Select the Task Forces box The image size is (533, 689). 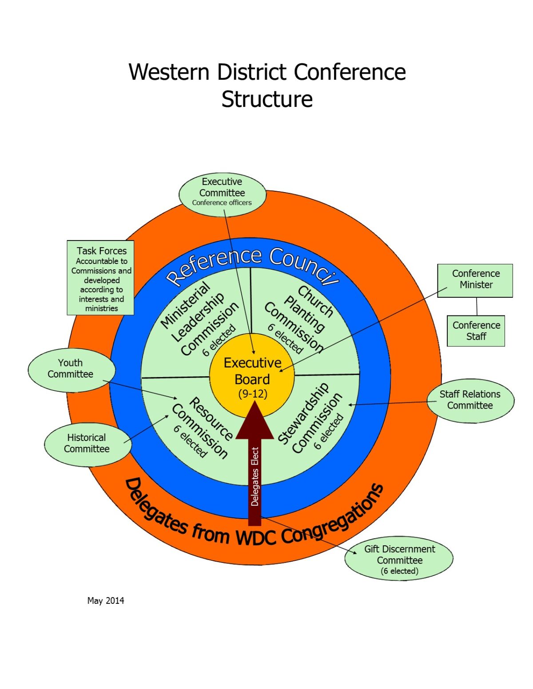tap(101, 278)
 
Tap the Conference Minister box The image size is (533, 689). tap(475, 280)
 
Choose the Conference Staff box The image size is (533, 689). tap(476, 331)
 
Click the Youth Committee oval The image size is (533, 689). tap(71, 370)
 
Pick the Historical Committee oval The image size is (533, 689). tap(87, 444)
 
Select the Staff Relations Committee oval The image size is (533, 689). tap(470, 400)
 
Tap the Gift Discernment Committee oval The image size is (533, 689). tap(399, 559)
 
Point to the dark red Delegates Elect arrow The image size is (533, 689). tap(255, 470)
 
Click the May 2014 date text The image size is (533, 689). tap(106, 601)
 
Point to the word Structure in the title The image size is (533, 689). tap(267, 99)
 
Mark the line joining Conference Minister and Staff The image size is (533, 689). tap(477, 306)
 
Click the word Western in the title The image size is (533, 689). tap(169, 72)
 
